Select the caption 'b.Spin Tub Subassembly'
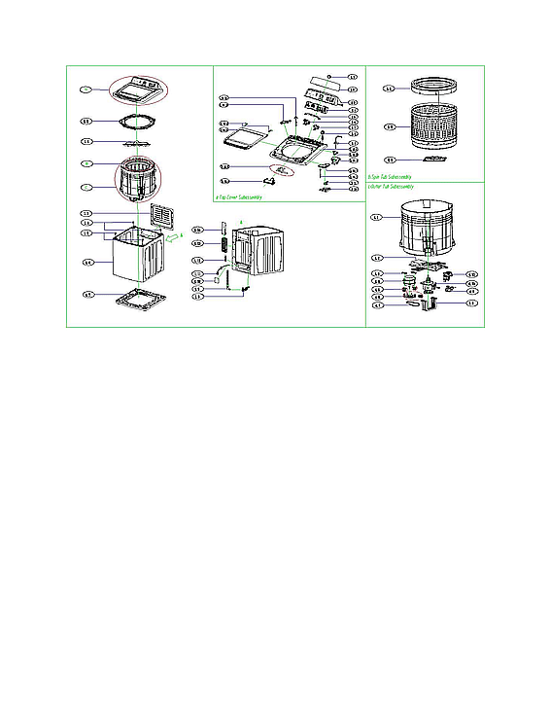click(394, 176)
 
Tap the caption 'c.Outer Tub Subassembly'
click(394, 185)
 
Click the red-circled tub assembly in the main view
click(138, 182)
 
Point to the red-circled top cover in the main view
click(138, 91)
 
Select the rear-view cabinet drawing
click(256, 257)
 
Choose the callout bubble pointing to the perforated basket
click(390, 126)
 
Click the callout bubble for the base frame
click(86, 294)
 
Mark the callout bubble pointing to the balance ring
click(390, 89)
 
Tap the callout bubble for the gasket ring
click(86, 122)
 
